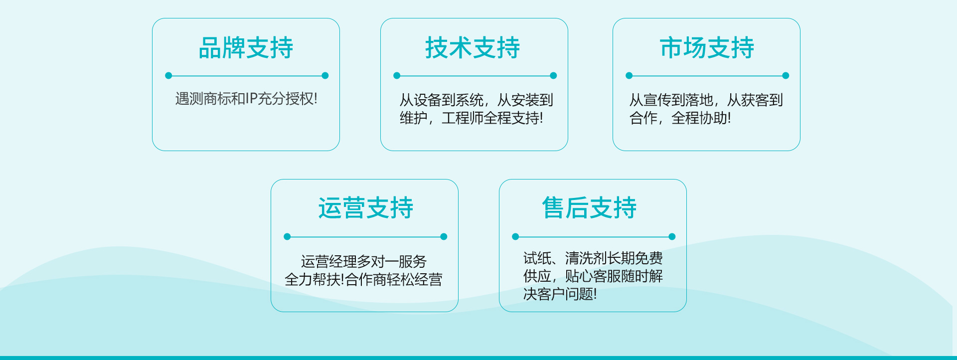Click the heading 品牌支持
(x=246, y=48)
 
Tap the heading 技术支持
(x=473, y=48)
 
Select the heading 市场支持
(x=707, y=48)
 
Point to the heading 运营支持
(x=366, y=208)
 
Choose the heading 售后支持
(x=589, y=208)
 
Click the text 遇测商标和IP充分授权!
(x=246, y=99)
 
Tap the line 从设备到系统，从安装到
(x=477, y=100)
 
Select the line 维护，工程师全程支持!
(x=472, y=118)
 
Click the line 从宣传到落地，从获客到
(x=706, y=100)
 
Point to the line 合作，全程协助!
(x=680, y=118)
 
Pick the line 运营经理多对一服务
(x=364, y=261)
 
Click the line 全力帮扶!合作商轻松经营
(x=363, y=279)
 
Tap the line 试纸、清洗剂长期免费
(x=593, y=258)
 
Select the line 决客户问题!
(x=560, y=294)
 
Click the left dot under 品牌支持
(x=168, y=76)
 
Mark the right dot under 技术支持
(x=553, y=76)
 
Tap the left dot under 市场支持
(x=629, y=76)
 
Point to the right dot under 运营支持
(x=444, y=237)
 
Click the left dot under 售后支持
(x=515, y=237)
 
